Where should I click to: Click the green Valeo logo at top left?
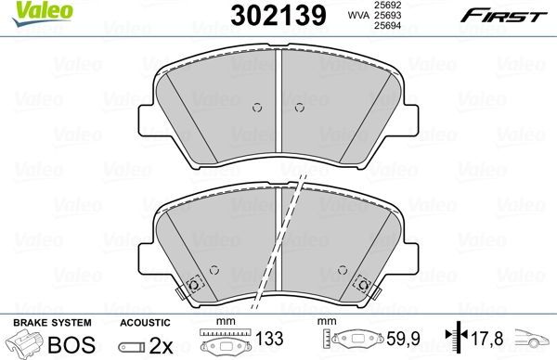coord(29,12)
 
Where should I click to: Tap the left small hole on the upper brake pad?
coord(257,107)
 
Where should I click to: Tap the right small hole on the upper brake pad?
coord(299,107)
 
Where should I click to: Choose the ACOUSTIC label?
coord(144,322)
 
